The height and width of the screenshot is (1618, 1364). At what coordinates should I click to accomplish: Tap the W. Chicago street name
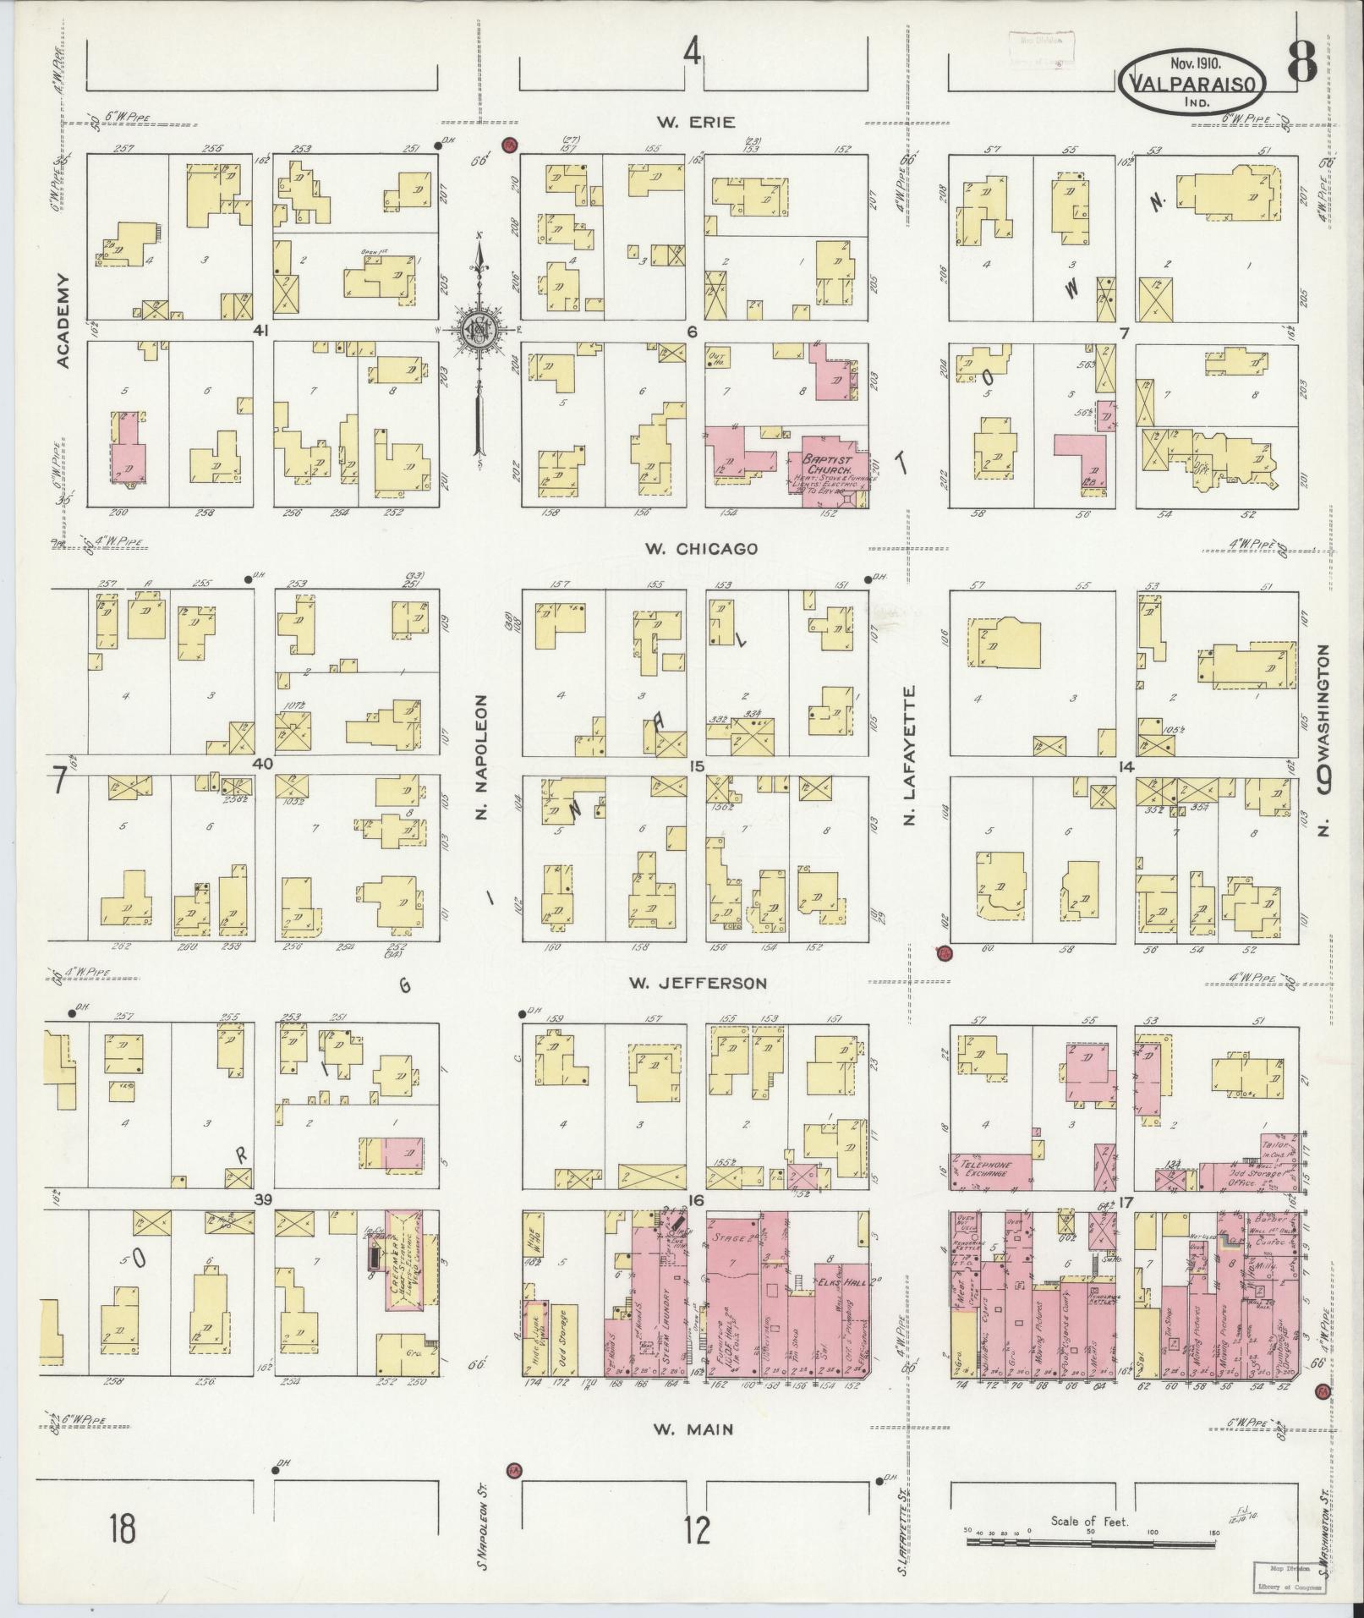[x=701, y=549]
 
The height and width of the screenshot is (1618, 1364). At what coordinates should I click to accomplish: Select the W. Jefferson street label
[x=698, y=983]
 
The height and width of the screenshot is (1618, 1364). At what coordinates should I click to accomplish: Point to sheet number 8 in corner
[x=1303, y=61]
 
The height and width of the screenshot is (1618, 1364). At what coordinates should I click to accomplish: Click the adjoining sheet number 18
[x=123, y=1529]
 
